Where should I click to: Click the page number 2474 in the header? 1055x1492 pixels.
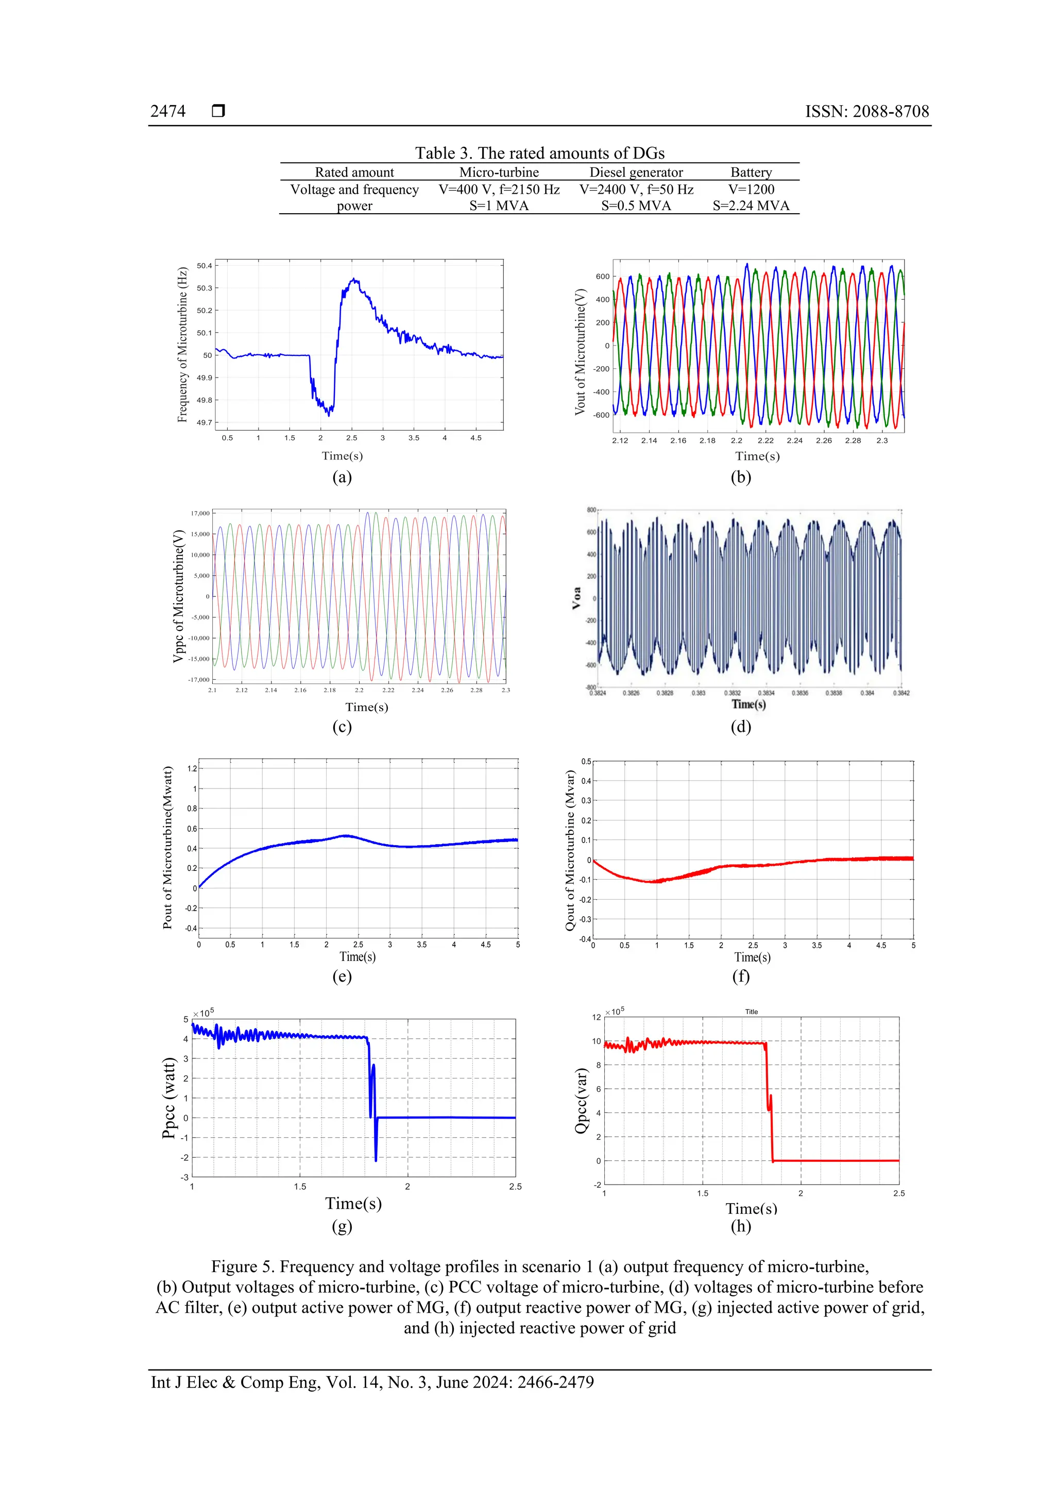click(168, 111)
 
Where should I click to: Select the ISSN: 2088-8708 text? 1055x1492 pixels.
click(866, 111)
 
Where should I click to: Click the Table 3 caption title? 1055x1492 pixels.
click(539, 153)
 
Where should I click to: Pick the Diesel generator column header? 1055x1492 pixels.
click(636, 172)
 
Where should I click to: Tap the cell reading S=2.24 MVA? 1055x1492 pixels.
click(751, 206)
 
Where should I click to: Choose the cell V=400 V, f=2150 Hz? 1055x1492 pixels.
click(499, 189)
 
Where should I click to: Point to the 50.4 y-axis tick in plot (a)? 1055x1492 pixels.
click(204, 266)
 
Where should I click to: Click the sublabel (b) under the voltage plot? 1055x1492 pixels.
click(740, 477)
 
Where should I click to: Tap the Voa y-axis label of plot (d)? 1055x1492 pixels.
click(576, 598)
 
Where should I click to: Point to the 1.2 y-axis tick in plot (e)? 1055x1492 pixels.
click(192, 769)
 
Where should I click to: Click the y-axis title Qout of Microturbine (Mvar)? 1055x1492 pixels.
click(570, 851)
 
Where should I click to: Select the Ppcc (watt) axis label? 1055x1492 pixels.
click(169, 1097)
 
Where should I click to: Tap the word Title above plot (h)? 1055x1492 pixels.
click(752, 1012)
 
